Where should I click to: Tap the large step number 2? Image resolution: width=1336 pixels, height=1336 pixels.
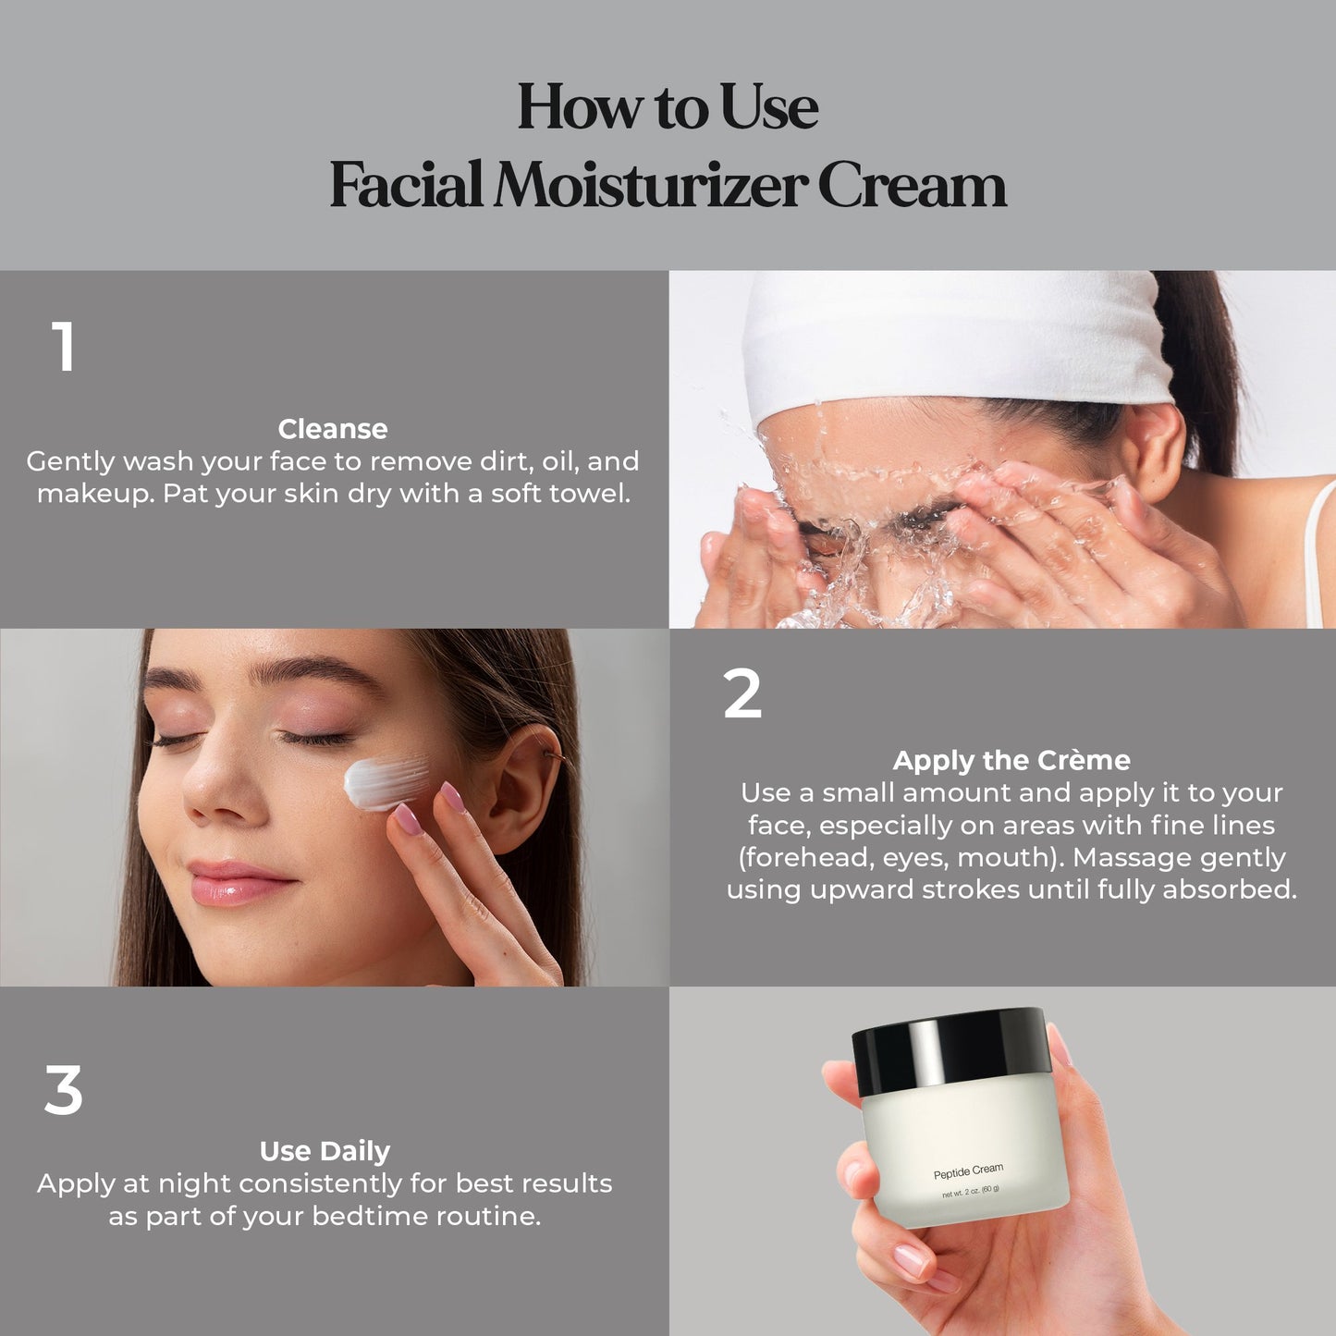pos(742,693)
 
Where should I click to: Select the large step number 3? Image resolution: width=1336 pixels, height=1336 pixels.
pos(63,1091)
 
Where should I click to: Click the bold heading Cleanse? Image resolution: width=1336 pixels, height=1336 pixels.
pos(333,429)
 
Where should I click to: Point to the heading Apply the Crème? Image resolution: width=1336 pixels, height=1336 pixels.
pos(1011,760)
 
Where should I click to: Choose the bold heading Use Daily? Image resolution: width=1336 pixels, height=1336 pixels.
pos(325,1152)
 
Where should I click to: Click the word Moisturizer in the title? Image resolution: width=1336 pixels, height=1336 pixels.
pos(650,185)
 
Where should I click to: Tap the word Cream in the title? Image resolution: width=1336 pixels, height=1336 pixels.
pos(913,185)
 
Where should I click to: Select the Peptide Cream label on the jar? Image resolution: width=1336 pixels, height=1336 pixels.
pos(968,1171)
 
